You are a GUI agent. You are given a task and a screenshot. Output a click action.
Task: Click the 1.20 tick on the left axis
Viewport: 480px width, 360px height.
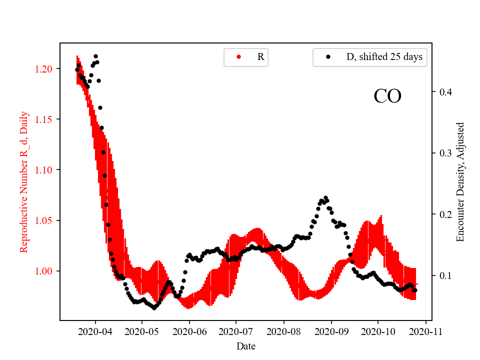(x=44, y=68)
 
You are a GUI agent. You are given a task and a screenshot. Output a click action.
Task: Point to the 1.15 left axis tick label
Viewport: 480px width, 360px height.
(x=44, y=119)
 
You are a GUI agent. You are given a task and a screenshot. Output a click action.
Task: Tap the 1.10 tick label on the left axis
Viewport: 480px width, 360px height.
(x=44, y=170)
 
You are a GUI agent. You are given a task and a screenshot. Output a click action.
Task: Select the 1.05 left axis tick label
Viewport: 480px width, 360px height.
(x=44, y=220)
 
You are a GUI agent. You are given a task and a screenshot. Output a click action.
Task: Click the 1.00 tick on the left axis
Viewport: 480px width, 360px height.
(x=44, y=271)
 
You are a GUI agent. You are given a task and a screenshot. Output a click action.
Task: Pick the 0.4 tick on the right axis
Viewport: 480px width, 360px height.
(x=445, y=92)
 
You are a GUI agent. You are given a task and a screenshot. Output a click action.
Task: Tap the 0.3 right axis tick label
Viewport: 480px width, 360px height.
(x=445, y=153)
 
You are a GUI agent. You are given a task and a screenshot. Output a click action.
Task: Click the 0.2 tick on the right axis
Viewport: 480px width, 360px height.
(x=445, y=214)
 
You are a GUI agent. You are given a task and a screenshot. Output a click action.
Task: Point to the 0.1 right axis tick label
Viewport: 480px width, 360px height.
(x=445, y=275)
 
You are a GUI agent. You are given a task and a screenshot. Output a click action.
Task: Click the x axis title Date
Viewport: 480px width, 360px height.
(x=246, y=345)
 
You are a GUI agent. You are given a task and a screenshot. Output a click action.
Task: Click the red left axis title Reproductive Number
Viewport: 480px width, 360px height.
(x=24, y=182)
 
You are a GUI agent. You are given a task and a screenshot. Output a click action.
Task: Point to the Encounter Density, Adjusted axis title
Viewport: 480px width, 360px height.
(x=460, y=182)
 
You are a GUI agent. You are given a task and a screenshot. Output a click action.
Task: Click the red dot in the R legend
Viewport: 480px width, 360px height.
(x=238, y=57)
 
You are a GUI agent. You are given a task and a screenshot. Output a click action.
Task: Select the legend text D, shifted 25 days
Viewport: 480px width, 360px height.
(x=384, y=57)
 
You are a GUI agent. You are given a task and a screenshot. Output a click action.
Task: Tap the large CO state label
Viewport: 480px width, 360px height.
(x=387, y=96)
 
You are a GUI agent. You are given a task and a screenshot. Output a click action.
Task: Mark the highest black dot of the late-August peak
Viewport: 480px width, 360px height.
(x=325, y=198)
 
